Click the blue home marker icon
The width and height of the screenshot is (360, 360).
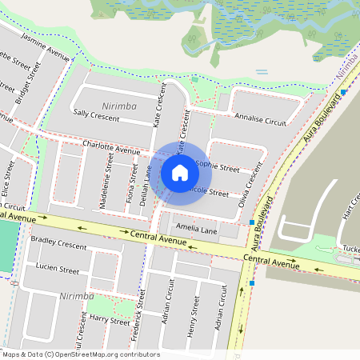(180, 172)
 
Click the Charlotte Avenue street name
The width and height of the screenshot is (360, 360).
(111, 149)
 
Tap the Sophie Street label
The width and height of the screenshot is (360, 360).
(217, 169)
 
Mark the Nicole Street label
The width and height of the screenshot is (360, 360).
(210, 193)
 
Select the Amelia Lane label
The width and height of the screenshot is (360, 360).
(197, 229)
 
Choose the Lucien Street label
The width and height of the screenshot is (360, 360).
(58, 270)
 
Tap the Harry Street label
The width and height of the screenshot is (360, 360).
(109, 320)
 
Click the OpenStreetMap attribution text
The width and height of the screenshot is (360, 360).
(80, 354)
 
